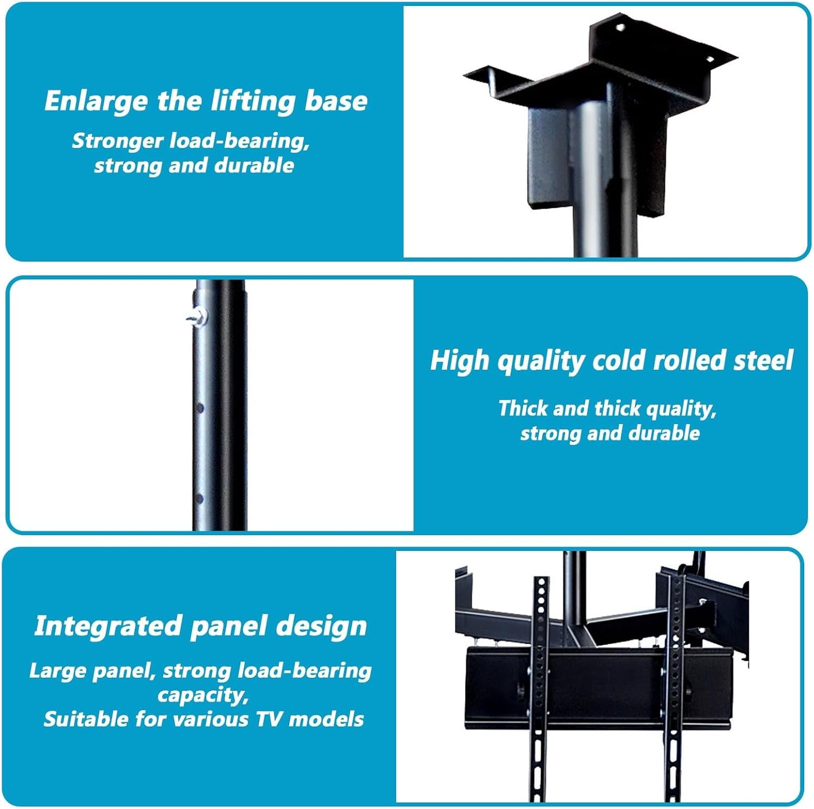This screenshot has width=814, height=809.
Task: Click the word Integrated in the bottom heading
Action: click(x=109, y=627)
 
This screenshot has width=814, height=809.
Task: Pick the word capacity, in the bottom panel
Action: click(x=203, y=696)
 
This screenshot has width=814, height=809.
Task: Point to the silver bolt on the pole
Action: click(x=199, y=315)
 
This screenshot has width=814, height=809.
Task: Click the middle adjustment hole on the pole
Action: click(x=200, y=407)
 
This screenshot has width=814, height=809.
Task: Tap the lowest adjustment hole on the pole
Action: click(x=199, y=498)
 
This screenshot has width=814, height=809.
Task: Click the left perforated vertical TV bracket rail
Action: click(x=539, y=689)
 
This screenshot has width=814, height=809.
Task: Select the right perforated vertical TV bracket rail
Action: click(x=675, y=689)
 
